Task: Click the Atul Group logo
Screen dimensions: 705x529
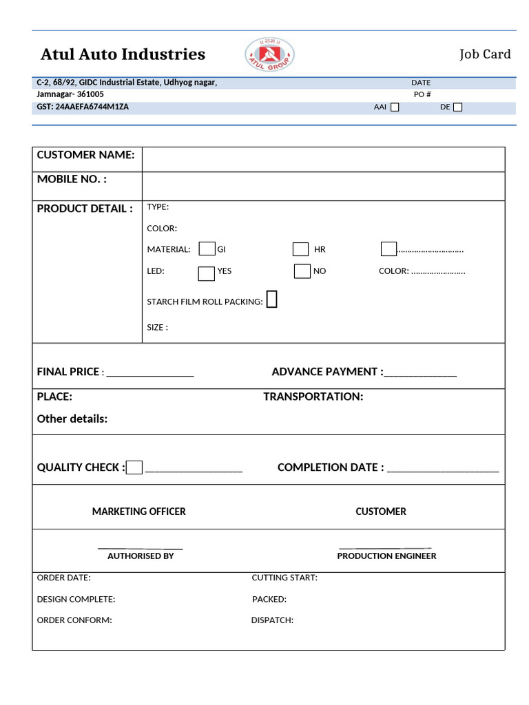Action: (269, 54)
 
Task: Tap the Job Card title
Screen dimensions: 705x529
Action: (485, 54)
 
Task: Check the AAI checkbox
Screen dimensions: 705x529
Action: (395, 107)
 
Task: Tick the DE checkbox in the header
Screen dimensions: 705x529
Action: (458, 107)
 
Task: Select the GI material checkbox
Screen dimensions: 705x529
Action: (207, 249)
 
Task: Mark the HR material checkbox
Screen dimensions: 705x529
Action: (300, 249)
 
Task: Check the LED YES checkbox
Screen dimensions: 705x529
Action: (207, 273)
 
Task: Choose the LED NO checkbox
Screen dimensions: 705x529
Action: (302, 271)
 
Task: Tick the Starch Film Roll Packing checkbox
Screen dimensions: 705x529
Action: (271, 299)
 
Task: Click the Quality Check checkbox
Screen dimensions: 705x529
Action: (134, 467)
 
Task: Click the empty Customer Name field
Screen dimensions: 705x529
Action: (323, 159)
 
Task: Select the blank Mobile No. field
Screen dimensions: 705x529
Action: (323, 186)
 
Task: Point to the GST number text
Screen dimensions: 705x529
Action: (83, 107)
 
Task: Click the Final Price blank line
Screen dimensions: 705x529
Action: (150, 374)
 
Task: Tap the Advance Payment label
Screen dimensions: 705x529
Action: (327, 372)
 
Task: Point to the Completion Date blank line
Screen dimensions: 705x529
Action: (443, 470)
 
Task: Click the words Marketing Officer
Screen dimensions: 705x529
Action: (138, 512)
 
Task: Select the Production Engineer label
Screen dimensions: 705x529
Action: (386, 556)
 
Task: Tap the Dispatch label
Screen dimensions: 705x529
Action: (272, 620)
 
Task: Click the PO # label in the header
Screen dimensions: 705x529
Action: (422, 94)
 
